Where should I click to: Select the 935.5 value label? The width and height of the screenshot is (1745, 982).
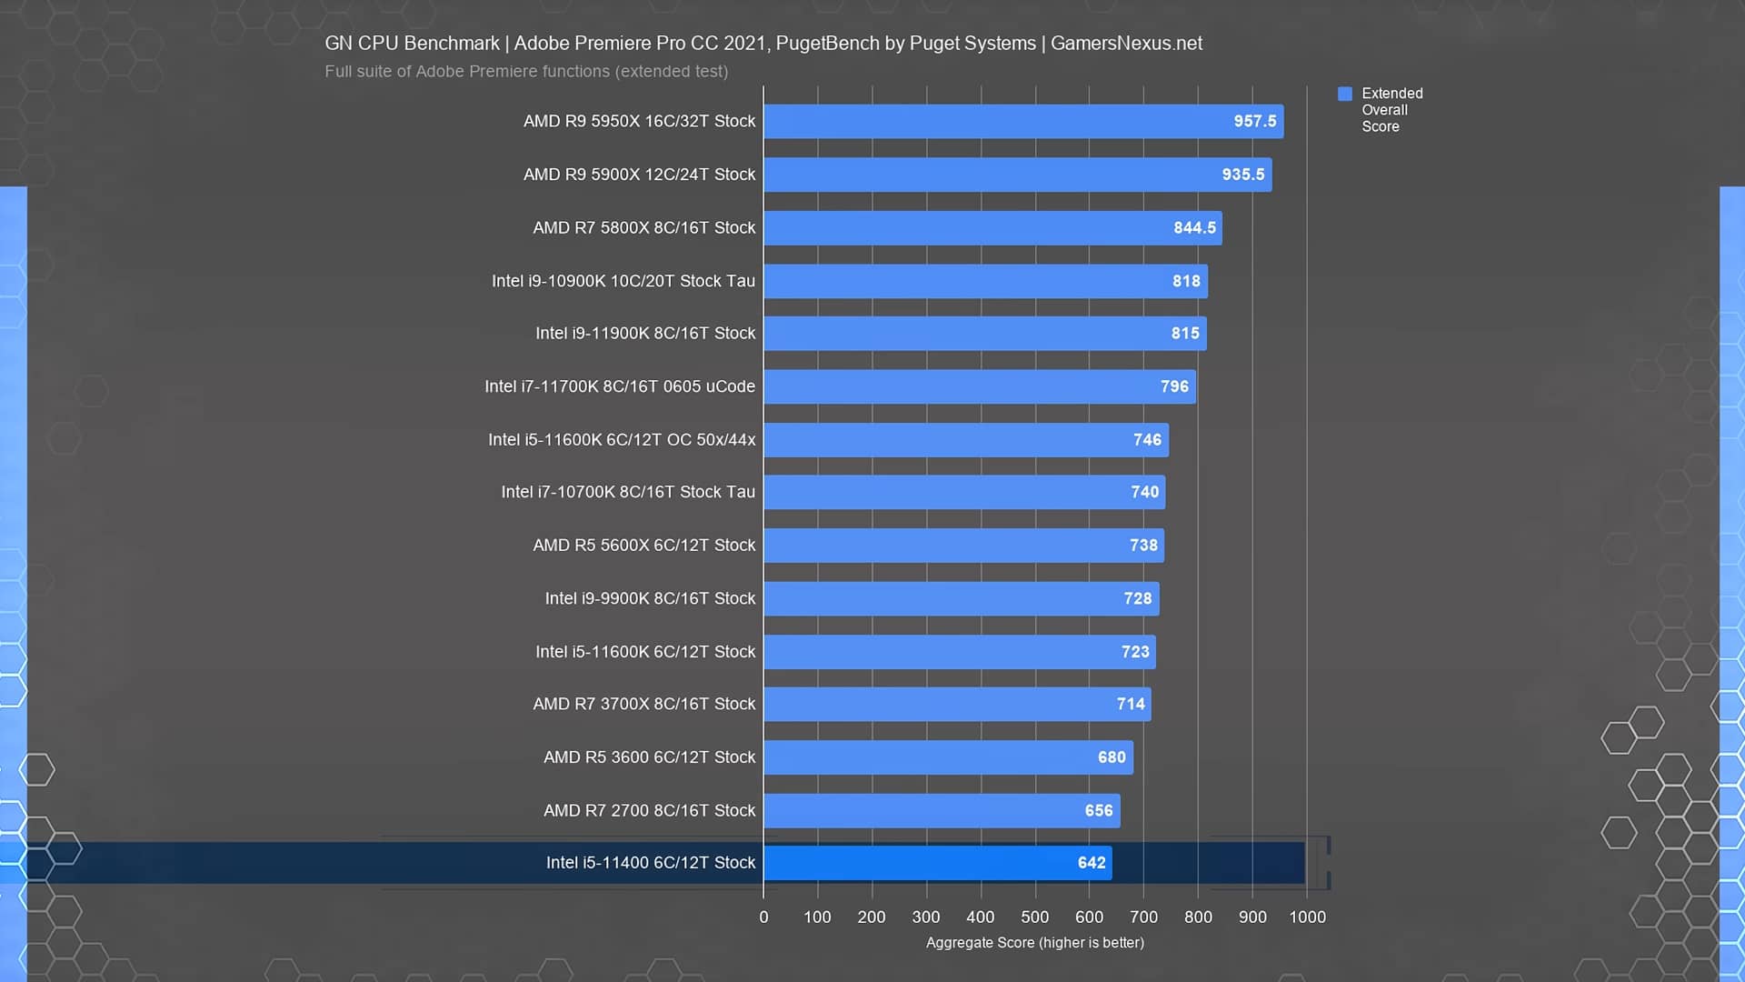pyautogui.click(x=1242, y=175)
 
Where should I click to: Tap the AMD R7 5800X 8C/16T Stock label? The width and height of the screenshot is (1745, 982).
pyautogui.click(x=643, y=227)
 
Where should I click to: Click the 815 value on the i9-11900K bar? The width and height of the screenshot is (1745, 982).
pyautogui.click(x=1184, y=334)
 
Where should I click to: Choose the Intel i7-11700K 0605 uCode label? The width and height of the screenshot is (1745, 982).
pyautogui.click(x=619, y=386)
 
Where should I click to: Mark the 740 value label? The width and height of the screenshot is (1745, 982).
pyautogui.click(x=1144, y=492)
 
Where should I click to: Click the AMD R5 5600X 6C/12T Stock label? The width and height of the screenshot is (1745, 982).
pyautogui.click(x=643, y=546)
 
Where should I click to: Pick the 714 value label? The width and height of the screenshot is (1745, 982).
pyautogui.click(x=1131, y=704)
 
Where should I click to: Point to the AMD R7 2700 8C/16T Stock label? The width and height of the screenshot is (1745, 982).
pyautogui.click(x=649, y=810)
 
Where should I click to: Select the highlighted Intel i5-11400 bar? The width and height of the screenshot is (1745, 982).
pyautogui.click(x=937, y=863)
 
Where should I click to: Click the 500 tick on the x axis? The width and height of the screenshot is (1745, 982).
pyautogui.click(x=1034, y=917)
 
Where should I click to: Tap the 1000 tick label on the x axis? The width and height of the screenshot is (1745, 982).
pyautogui.click(x=1307, y=917)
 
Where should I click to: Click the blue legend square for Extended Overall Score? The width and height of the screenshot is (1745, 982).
pyautogui.click(x=1345, y=94)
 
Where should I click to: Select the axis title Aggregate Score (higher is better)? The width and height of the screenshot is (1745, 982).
pyautogui.click(x=1034, y=943)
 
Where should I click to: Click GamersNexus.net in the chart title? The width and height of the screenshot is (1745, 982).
pyautogui.click(x=1126, y=44)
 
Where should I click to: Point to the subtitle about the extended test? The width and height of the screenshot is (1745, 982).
pyautogui.click(x=526, y=72)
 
